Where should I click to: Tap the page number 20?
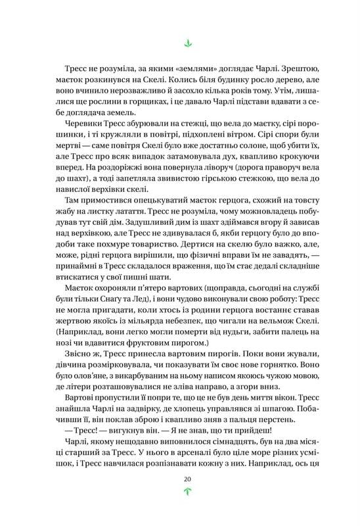click(187, 479)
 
